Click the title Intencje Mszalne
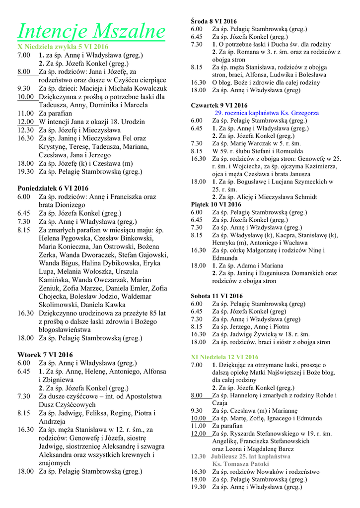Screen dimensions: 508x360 coord(91,31)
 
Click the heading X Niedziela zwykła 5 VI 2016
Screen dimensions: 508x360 coord(63,47)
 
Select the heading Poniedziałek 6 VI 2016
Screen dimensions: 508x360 coord(53,188)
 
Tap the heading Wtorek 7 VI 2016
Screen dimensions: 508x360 coord(45,355)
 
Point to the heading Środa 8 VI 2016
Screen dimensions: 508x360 coord(214,21)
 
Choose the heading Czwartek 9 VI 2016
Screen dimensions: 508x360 coord(219,105)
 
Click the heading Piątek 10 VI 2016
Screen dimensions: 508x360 coord(216,204)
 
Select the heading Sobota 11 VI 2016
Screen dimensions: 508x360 coord(217,296)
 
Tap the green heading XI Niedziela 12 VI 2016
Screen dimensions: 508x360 coord(224,357)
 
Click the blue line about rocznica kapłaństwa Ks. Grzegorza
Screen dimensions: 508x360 coord(266,113)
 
